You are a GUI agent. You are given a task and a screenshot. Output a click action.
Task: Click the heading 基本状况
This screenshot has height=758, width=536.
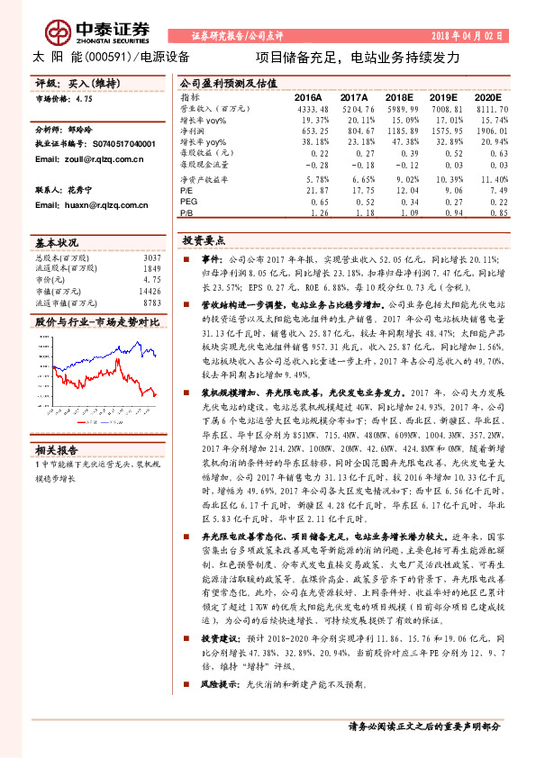pyautogui.click(x=58, y=244)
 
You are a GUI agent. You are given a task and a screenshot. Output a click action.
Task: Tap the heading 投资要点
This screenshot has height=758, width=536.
pyautogui.click(x=202, y=241)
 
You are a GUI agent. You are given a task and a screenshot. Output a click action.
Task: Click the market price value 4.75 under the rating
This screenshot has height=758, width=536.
pyautogui.click(x=86, y=100)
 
